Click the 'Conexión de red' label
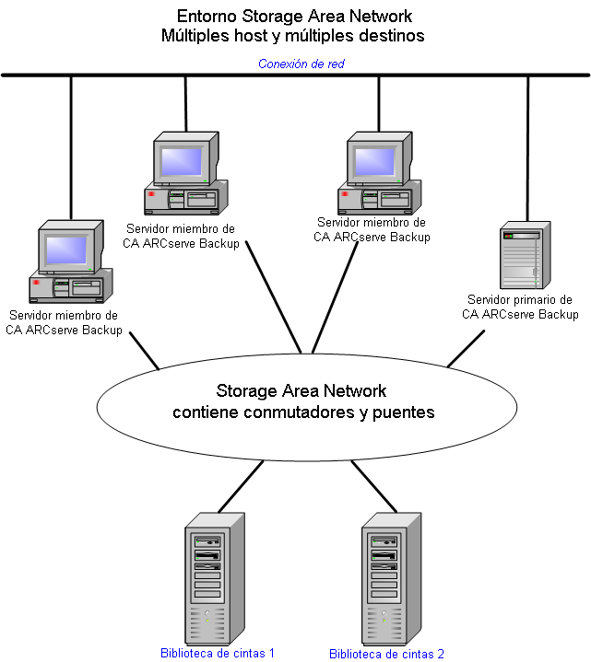301,64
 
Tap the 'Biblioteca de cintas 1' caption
218,653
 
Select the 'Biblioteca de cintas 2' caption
386,654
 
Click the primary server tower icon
523,255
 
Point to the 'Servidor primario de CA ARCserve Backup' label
520,307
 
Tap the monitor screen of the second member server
183,160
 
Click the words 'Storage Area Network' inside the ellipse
301,391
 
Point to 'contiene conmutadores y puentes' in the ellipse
303,412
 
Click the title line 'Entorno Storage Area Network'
294,17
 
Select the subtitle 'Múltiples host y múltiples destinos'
294,37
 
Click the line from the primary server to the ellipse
467,348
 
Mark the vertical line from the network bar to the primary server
528,147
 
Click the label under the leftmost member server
64,322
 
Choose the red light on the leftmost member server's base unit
35,282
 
